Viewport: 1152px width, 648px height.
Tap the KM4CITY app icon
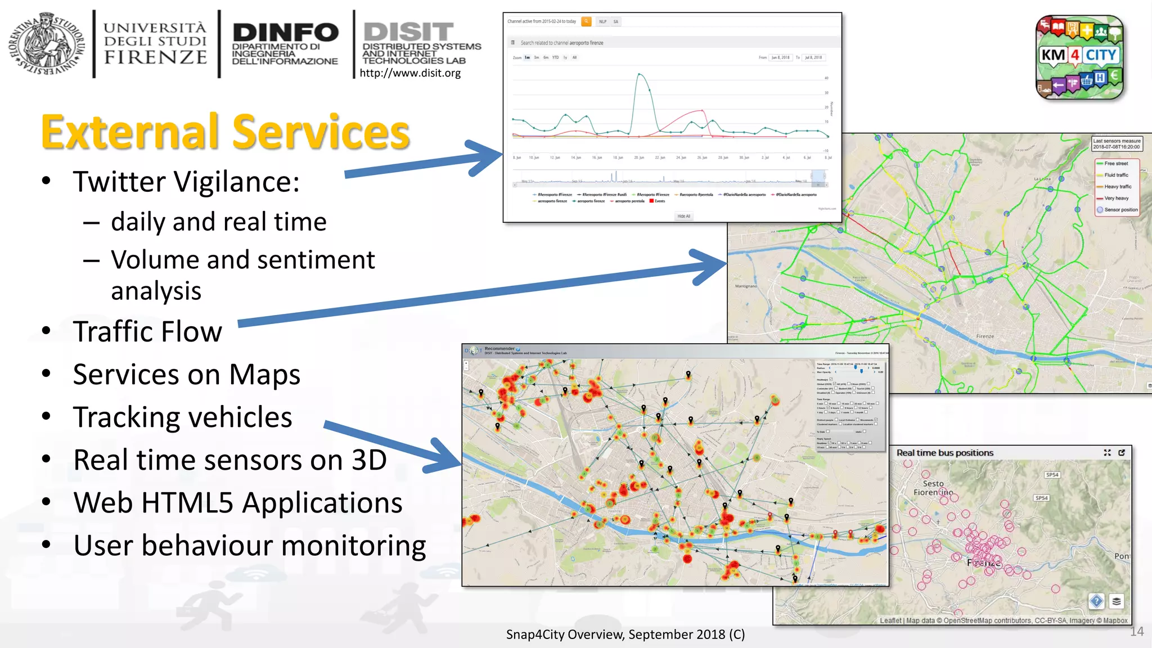tap(1079, 57)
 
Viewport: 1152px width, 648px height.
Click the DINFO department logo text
tap(285, 44)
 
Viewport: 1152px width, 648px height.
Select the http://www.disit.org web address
tap(410, 73)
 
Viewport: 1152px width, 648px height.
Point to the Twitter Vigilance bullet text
tap(186, 182)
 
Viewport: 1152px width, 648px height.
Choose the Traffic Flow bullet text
tap(147, 331)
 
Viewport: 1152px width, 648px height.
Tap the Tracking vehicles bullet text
tap(182, 417)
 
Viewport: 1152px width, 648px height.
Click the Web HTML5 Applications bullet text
tap(237, 503)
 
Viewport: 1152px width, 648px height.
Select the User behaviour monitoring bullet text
tap(249, 546)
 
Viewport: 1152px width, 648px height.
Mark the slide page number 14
tap(1137, 632)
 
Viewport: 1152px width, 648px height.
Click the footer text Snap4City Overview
tap(625, 634)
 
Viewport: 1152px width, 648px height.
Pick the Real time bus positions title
tap(944, 453)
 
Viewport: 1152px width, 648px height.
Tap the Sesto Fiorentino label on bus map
tap(933, 488)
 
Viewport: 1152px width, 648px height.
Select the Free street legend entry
tap(1116, 164)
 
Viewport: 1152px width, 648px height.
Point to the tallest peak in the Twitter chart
tap(640, 74)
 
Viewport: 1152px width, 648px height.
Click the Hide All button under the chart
tap(683, 216)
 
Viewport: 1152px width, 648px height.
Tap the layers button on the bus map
tap(1117, 601)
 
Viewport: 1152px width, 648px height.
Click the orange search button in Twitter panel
tap(586, 21)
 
